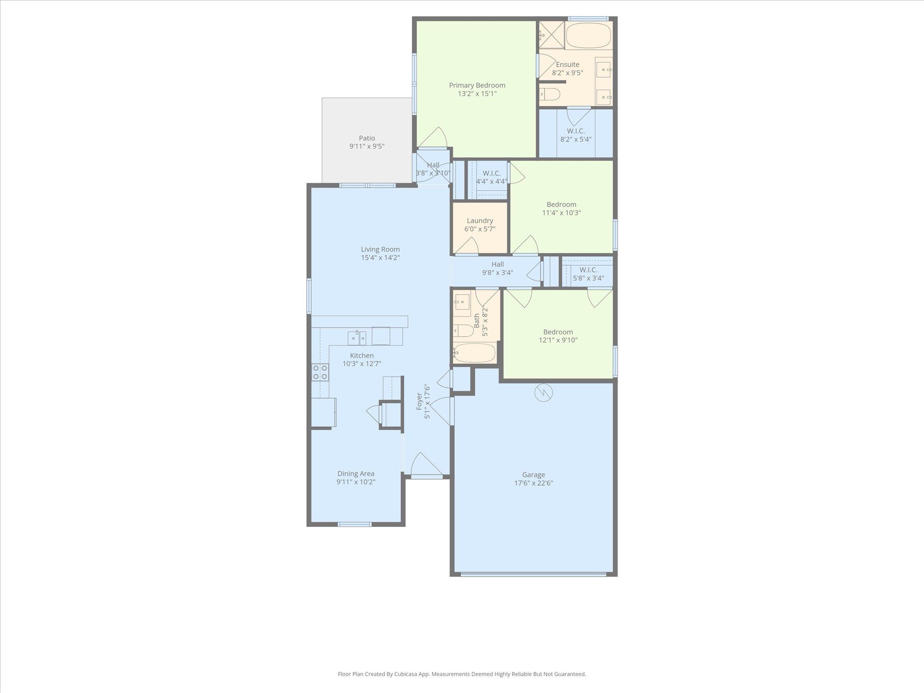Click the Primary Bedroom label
[x=477, y=85]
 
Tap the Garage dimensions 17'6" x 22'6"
[x=534, y=483]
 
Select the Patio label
[x=367, y=138]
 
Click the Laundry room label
[x=480, y=221]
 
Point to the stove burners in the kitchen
[x=320, y=372]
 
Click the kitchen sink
[x=356, y=337]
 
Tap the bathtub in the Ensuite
[x=588, y=36]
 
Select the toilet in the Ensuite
[x=550, y=94]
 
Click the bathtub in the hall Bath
[x=475, y=352]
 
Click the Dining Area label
[x=356, y=473]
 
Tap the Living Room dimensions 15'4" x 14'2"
[x=380, y=258]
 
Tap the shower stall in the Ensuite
[x=552, y=35]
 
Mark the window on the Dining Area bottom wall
[x=355, y=524]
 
